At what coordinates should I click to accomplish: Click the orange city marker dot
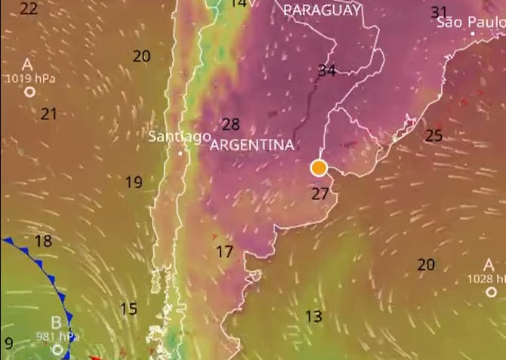(x=319, y=168)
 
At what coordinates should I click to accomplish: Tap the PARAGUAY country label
(x=322, y=10)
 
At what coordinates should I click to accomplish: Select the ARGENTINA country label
(x=251, y=144)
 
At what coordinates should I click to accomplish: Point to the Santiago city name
(x=179, y=137)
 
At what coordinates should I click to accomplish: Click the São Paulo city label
(x=471, y=23)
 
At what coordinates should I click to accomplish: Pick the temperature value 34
(x=327, y=71)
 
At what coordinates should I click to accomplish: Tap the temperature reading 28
(x=230, y=125)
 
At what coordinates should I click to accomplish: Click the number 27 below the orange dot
(x=320, y=194)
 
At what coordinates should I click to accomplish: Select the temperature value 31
(x=439, y=12)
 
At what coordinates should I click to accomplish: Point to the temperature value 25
(x=433, y=136)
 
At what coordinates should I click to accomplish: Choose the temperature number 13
(x=313, y=315)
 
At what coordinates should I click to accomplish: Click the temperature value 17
(x=224, y=252)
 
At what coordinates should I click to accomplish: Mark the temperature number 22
(x=29, y=9)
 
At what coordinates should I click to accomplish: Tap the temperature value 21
(x=49, y=114)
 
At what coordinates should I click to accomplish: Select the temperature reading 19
(x=134, y=182)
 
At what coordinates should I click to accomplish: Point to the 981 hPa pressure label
(x=57, y=337)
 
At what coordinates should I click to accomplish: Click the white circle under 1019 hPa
(x=30, y=92)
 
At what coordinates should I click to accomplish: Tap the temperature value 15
(x=128, y=309)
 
